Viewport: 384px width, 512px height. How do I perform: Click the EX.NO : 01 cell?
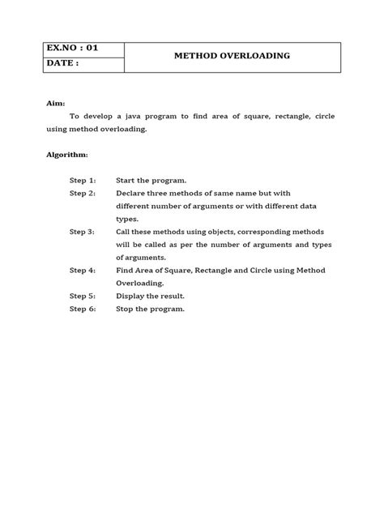pos(74,47)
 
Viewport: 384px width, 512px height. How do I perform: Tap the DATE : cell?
pos(66,63)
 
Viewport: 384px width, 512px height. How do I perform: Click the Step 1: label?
pos(83,179)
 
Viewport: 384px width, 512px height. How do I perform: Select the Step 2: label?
pos(83,193)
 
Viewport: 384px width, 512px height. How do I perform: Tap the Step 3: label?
pos(83,232)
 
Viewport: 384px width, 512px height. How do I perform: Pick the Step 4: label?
pos(83,271)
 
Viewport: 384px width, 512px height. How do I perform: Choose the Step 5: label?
pos(83,297)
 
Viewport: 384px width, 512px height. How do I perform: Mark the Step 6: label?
pos(83,309)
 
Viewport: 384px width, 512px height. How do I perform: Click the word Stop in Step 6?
pos(126,309)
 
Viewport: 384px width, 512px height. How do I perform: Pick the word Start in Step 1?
pos(128,179)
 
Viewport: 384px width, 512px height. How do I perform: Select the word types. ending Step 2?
pos(128,219)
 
